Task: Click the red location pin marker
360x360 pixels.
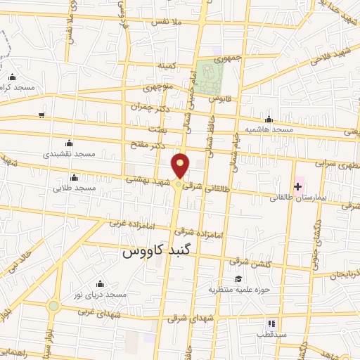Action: [x=181, y=166]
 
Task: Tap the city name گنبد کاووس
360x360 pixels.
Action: [x=158, y=250]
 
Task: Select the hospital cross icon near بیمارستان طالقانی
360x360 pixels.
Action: [x=297, y=187]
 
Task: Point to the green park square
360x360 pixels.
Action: [x=209, y=77]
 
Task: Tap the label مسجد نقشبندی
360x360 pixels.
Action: [x=69, y=153]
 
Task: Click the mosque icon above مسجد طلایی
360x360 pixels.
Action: [x=74, y=177]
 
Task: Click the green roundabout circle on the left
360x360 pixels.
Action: [x=53, y=306]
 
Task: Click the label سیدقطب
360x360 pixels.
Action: [x=273, y=335]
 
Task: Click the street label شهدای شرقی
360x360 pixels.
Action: [x=186, y=319]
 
